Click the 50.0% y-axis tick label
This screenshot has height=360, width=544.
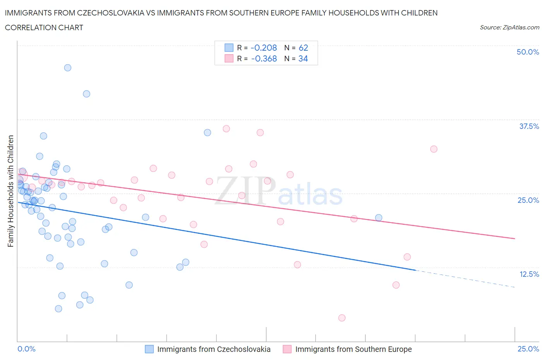pos(527,52)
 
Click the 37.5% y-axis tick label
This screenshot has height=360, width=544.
pos(529,126)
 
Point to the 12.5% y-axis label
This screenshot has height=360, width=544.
pos(529,274)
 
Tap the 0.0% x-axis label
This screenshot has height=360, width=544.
pos(26,349)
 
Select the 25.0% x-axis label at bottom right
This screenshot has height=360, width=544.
pos(528,349)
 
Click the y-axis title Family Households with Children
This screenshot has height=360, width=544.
pos(10,191)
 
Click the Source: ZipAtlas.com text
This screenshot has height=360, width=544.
pos(509,27)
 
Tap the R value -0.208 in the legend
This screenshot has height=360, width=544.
pos(263,48)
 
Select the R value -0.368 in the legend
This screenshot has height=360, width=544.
pos(264,58)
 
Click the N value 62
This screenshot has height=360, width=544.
pos(303,48)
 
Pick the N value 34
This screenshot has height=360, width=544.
pos(303,58)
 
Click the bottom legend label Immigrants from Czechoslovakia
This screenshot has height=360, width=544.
pos(214,349)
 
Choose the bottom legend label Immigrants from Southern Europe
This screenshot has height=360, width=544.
pos(353,349)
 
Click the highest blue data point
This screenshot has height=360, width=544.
pos(68,68)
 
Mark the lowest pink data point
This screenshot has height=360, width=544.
pos(342,318)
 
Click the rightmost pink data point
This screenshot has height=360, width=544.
pos(434,149)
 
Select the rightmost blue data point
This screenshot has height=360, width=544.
pos(378,218)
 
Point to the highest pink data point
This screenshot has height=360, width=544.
pos(226,129)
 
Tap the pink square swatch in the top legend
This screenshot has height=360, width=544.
pos(229,58)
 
